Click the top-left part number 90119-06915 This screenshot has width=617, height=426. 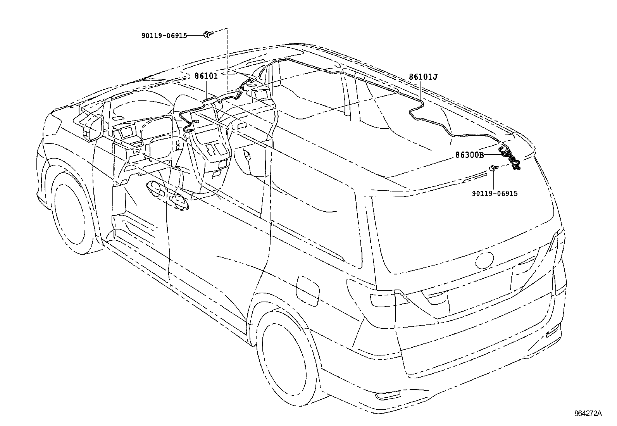[164, 35]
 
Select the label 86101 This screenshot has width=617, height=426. [206, 76]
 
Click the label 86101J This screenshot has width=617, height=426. [423, 77]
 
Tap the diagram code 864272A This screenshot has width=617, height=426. [588, 413]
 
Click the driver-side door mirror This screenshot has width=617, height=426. [94, 127]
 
